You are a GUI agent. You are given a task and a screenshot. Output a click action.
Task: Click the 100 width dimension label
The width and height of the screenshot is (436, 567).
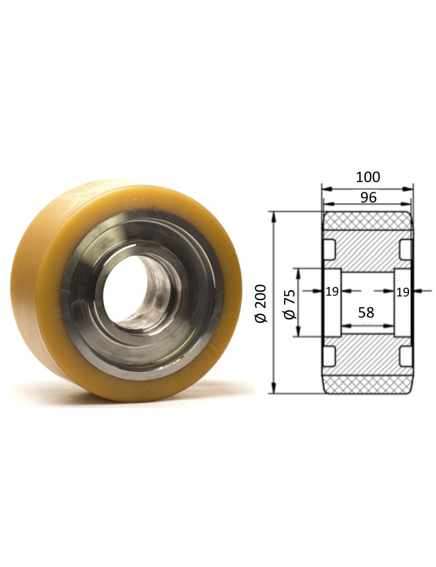click(x=368, y=177)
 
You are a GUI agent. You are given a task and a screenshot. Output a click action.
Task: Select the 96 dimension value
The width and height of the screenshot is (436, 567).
click(x=368, y=198)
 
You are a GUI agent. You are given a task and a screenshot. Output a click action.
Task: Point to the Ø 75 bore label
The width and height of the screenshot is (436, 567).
click(x=290, y=304)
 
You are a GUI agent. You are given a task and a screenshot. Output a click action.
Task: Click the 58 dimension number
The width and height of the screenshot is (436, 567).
click(x=366, y=312)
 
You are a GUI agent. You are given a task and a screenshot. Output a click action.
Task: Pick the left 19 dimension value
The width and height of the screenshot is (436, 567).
click(x=332, y=291)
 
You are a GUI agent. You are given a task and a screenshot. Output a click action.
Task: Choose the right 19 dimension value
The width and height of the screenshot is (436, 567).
click(x=402, y=291)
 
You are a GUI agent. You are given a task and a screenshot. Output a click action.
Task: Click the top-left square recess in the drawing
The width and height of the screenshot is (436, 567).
click(x=330, y=249)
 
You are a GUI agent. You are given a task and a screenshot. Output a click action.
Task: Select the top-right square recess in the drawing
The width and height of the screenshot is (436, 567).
click(x=405, y=249)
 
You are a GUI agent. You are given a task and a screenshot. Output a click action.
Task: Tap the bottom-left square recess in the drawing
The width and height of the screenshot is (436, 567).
click(x=330, y=356)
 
